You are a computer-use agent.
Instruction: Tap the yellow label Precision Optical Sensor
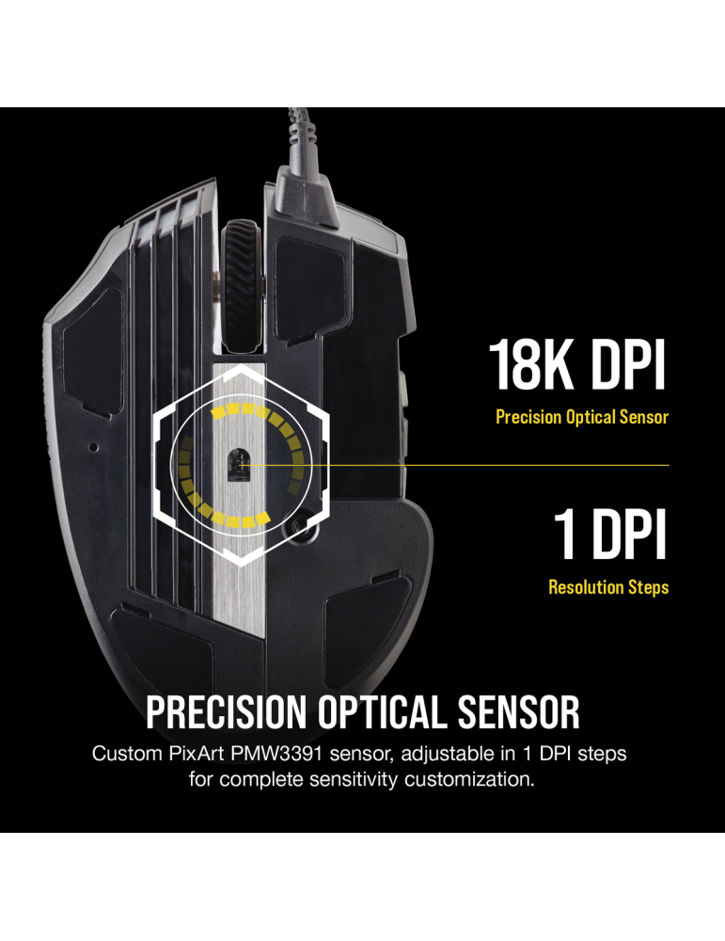click(582, 416)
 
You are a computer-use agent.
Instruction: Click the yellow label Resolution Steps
click(608, 587)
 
